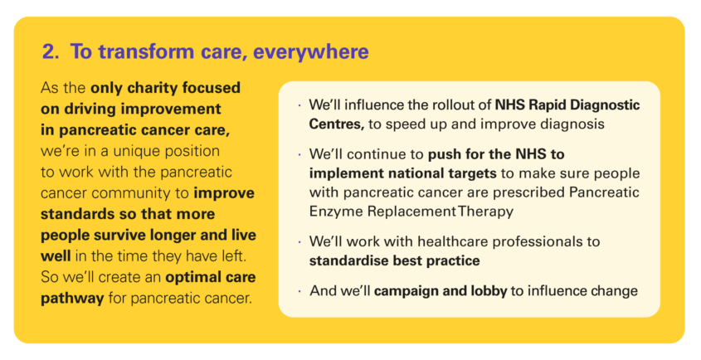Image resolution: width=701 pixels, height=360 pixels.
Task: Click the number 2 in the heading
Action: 49,51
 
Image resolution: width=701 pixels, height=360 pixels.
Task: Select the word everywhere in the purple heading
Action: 311,52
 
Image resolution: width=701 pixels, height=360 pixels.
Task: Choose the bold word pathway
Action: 72,299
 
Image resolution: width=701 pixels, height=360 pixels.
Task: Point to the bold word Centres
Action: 336,124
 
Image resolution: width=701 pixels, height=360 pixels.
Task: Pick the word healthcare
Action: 457,242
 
